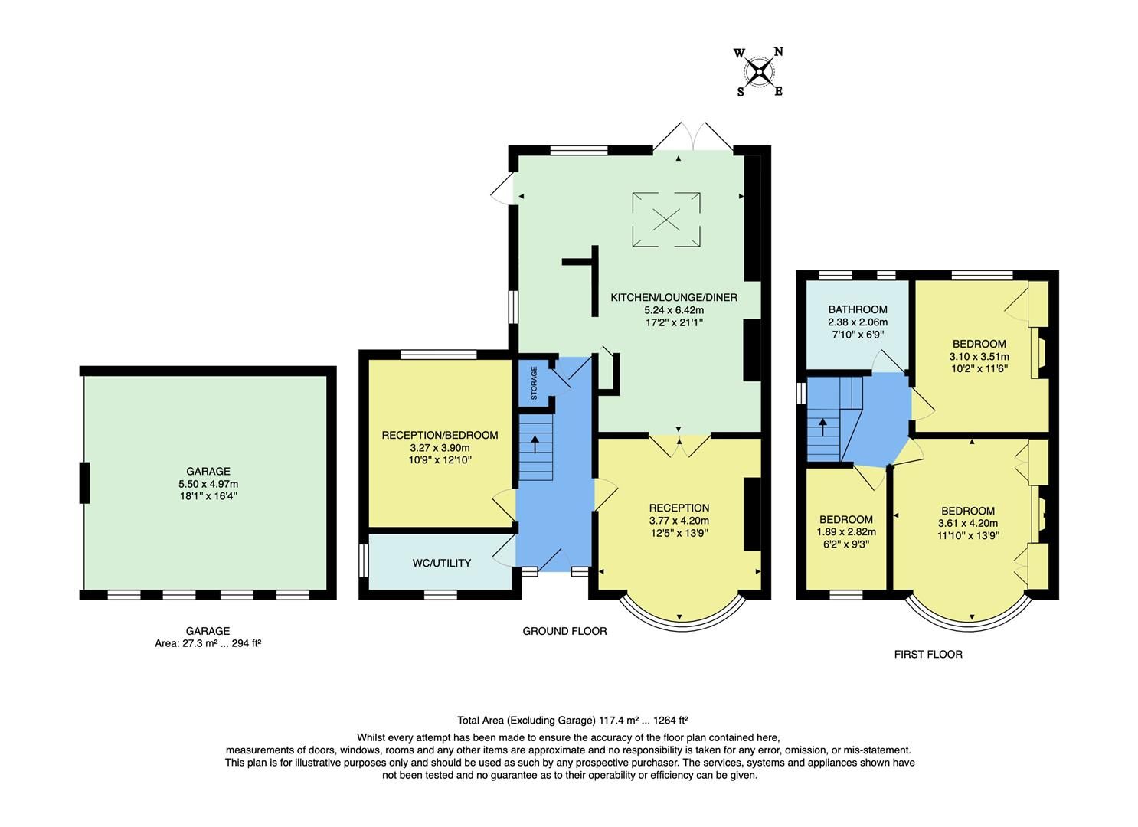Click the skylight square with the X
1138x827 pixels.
pos(666,220)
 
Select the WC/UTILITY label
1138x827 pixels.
pos(441,563)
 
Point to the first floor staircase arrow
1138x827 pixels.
pos(822,426)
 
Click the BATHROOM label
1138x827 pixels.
pos(858,309)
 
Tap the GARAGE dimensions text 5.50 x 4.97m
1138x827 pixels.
pos(208,484)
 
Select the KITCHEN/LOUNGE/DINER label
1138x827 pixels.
pos(673,297)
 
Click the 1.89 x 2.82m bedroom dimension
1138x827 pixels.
pos(845,532)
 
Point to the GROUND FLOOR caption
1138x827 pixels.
pos(564,631)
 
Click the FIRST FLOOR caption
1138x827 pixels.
pos(928,654)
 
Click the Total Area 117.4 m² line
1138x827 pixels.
pos(572,720)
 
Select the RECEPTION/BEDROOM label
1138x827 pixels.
pos(440,435)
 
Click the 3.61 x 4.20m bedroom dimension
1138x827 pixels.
pos(967,524)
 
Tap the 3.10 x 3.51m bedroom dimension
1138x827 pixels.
pos(979,356)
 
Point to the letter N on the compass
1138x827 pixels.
pos(778,52)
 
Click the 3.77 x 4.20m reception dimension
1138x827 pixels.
pos(679,521)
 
